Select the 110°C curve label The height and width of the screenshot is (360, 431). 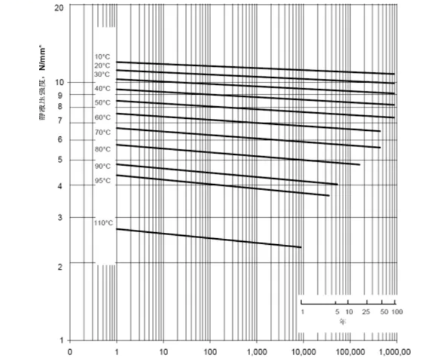pyautogui.click(x=103, y=223)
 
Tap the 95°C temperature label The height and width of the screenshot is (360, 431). pyautogui.click(x=102, y=181)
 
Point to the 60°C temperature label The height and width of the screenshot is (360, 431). pyautogui.click(x=102, y=118)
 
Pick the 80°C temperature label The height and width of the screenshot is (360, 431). pyautogui.click(x=102, y=149)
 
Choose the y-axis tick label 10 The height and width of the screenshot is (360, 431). pyautogui.click(x=59, y=82)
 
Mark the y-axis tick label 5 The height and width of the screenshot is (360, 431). pyautogui.click(x=60, y=160)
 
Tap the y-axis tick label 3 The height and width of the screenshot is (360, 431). pyautogui.click(x=60, y=218)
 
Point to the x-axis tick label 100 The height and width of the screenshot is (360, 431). pyautogui.click(x=210, y=351)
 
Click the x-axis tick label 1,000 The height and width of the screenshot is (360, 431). pyautogui.click(x=257, y=351)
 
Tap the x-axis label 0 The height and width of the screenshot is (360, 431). pyautogui.click(x=70, y=351)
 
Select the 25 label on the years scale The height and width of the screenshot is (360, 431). pyautogui.click(x=365, y=312)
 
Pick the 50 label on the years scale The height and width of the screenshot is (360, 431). pyautogui.click(x=383, y=312)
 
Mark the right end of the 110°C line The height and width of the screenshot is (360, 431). pyautogui.click(x=301, y=247)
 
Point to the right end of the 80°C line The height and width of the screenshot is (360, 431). pyautogui.click(x=359, y=164)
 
